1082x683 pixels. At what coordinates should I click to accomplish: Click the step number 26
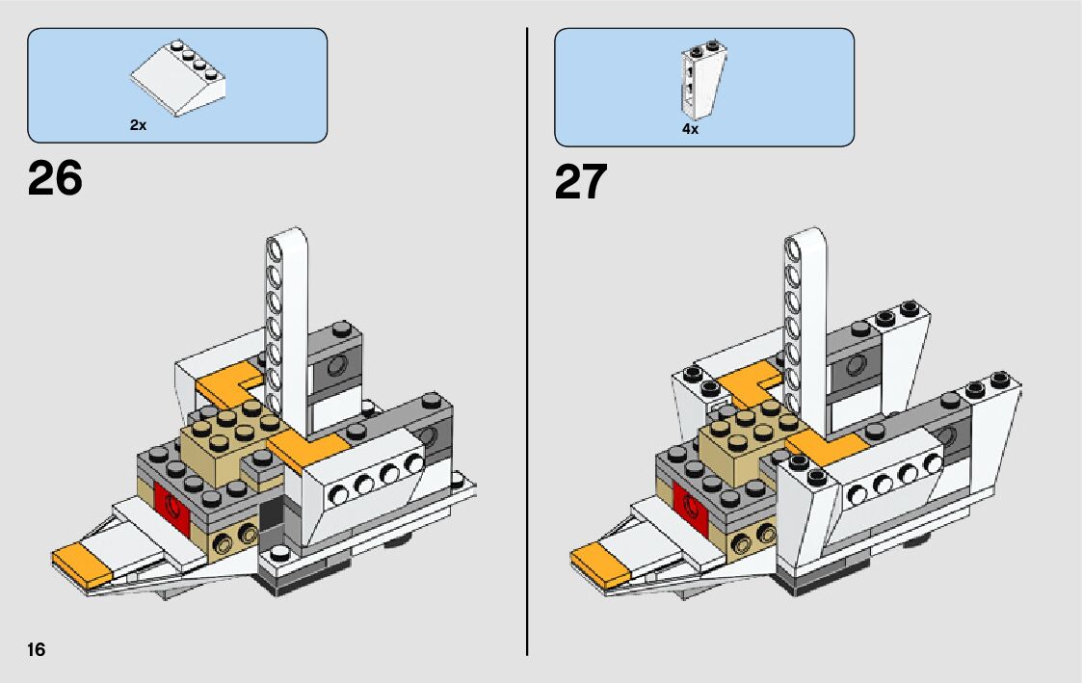pyautogui.click(x=55, y=178)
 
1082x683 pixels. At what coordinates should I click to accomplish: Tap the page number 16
pyautogui.click(x=37, y=649)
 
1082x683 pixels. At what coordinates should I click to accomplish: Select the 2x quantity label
pyautogui.click(x=138, y=125)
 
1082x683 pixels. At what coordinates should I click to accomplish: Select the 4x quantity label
pyautogui.click(x=690, y=128)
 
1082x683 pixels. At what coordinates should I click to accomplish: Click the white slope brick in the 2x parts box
pyautogui.click(x=178, y=78)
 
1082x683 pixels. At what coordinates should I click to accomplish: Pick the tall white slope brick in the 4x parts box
pyautogui.click(x=702, y=82)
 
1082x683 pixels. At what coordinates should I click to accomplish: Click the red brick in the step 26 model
pyautogui.click(x=172, y=511)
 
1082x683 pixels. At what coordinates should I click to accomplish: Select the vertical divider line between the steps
pyautogui.click(x=527, y=341)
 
